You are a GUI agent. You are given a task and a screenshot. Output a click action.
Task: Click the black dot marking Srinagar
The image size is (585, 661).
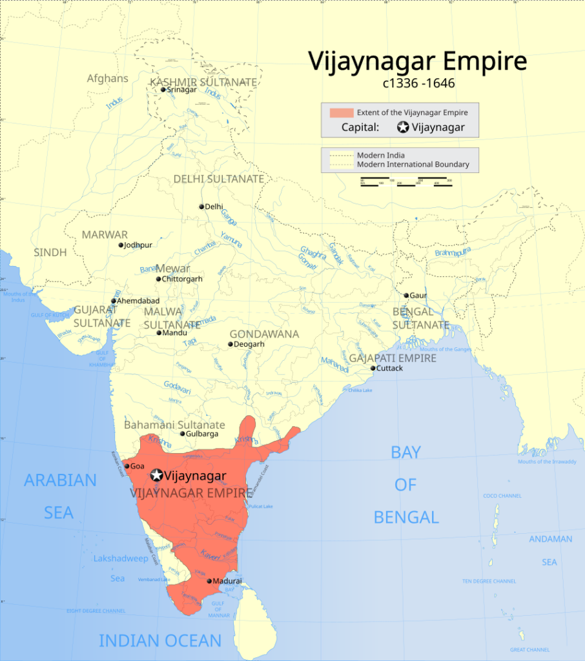pyautogui.click(x=163, y=90)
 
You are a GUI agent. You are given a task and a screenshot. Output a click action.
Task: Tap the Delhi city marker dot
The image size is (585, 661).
pyautogui.click(x=201, y=207)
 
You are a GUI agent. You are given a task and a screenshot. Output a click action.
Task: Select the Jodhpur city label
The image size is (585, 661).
pyautogui.click(x=139, y=245)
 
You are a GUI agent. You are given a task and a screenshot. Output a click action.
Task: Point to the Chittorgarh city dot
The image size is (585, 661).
pyautogui.click(x=158, y=279)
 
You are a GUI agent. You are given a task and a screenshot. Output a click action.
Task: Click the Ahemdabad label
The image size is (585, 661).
pyautogui.click(x=138, y=301)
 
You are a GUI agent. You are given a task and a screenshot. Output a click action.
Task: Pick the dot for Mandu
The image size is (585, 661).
pyautogui.click(x=159, y=333)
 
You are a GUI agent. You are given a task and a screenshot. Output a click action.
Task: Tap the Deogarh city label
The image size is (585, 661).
pyautogui.click(x=250, y=345)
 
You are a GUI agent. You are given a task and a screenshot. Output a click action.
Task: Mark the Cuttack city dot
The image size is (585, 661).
pyautogui.click(x=373, y=369)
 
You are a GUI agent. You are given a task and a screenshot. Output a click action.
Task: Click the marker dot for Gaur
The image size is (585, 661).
pyautogui.click(x=406, y=296)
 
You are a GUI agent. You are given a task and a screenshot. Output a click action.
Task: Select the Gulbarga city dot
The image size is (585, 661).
pyautogui.click(x=183, y=434)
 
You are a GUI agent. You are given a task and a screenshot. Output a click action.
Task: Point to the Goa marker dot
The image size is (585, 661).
pyautogui.click(x=127, y=466)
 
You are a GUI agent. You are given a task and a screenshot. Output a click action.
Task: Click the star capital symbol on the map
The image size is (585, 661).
pyautogui.click(x=156, y=476)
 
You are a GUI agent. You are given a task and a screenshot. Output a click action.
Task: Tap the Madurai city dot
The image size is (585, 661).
pyautogui.click(x=209, y=581)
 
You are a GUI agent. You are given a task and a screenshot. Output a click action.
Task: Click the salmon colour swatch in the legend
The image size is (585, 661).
pyautogui.click(x=342, y=112)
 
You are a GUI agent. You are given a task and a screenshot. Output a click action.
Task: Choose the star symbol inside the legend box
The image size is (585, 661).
pyautogui.click(x=403, y=127)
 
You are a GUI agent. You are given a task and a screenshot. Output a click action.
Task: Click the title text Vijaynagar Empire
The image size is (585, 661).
pyautogui.click(x=417, y=61)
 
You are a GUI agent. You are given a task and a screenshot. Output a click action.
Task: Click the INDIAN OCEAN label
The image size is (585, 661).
pyautogui.click(x=159, y=640)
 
